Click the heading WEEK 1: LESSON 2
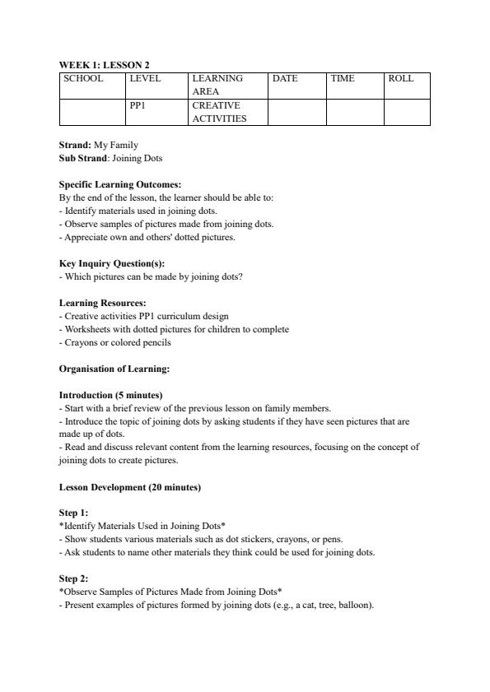[104, 64]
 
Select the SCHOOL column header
[83, 79]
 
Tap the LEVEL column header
[145, 79]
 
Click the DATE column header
[285, 79]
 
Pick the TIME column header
[343, 79]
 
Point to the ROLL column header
[401, 79]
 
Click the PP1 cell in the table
[138, 106]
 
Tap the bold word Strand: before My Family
[75, 145]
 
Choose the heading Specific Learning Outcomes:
[120, 185]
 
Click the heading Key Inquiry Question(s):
[112, 263]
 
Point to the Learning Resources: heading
[102, 303]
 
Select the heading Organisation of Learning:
[114, 369]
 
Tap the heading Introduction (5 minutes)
[110, 395]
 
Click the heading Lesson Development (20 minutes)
[129, 487]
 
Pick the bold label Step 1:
[73, 513]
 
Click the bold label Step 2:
[73, 578]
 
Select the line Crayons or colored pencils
[115, 342]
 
